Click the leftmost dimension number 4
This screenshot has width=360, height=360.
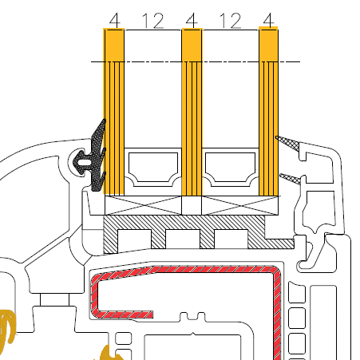(x=114, y=21)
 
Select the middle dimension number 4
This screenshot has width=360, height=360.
(x=192, y=21)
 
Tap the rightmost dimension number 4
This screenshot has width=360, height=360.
(x=268, y=20)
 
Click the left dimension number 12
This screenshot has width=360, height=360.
(x=153, y=21)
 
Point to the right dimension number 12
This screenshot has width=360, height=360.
(x=230, y=21)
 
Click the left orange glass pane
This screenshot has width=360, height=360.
(x=113, y=111)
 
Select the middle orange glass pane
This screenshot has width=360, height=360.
(x=192, y=112)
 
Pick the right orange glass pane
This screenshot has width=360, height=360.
(x=268, y=111)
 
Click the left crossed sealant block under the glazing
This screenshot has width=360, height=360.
(x=143, y=205)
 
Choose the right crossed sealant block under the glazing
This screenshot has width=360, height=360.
(x=240, y=205)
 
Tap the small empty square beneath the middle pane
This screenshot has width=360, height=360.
(x=192, y=205)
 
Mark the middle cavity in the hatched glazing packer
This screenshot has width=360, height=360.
(x=183, y=239)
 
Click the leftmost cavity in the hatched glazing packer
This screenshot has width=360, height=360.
(x=134, y=239)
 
